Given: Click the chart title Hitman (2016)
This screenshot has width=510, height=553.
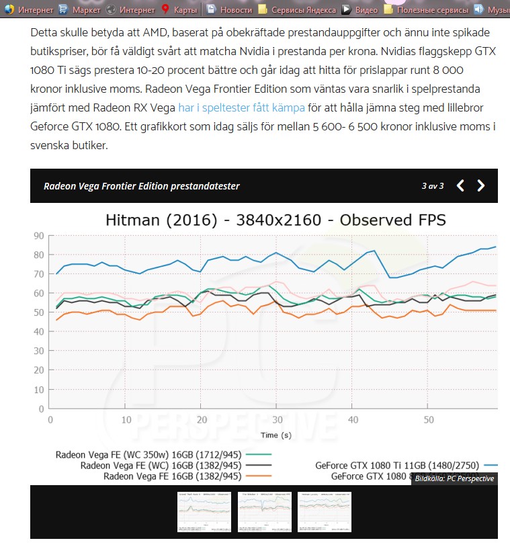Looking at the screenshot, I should [x=275, y=220].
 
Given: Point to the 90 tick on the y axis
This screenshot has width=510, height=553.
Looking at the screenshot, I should [x=40, y=235].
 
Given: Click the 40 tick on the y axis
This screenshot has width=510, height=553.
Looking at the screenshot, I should [x=40, y=331].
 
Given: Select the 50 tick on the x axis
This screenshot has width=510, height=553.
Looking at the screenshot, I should [x=428, y=419].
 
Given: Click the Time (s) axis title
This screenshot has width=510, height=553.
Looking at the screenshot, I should [x=276, y=435].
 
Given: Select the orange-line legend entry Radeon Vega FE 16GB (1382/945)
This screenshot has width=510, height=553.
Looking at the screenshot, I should [x=172, y=476].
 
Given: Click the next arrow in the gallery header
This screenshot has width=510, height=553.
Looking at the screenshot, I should [x=481, y=186].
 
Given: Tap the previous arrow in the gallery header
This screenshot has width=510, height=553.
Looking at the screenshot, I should [x=460, y=186].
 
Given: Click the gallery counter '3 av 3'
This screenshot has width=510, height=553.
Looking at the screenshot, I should [x=433, y=186].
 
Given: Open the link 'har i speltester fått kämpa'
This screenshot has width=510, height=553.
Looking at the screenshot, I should [x=241, y=108].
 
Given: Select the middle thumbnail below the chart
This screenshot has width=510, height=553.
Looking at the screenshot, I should [x=265, y=512].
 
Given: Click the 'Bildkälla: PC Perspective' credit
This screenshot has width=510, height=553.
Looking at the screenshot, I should [x=454, y=478].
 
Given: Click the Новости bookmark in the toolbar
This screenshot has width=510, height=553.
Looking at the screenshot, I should [x=230, y=9].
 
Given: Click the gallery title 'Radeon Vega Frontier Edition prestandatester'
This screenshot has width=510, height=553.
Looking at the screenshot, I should [x=142, y=186].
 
